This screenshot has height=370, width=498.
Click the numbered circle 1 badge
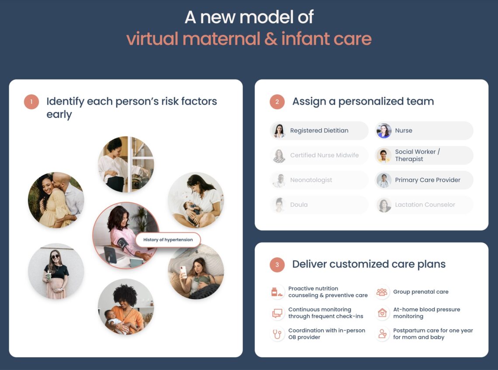[31, 102]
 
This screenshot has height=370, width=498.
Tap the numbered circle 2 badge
[277, 102]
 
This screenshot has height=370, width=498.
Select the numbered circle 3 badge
[277, 264]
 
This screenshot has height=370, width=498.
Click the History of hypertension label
[168, 240]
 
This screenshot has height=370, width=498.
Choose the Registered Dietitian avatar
[279, 131]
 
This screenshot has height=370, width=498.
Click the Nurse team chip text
[404, 131]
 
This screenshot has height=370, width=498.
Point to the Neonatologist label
[311, 180]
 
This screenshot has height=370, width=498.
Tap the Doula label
[299, 205]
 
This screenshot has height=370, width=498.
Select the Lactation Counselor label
[425, 205]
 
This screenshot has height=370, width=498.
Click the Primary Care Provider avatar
[384, 180]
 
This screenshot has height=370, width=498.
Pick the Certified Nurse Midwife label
[324, 155]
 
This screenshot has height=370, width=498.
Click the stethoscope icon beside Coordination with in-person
[277, 334]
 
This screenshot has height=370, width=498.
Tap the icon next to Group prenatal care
[382, 292]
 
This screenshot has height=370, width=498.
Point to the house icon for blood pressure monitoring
[382, 313]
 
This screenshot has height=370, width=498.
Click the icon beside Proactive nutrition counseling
[277, 292]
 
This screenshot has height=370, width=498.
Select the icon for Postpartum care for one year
[382, 334]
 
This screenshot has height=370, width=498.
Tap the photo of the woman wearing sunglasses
[56, 271]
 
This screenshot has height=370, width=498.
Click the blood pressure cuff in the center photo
[123, 243]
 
